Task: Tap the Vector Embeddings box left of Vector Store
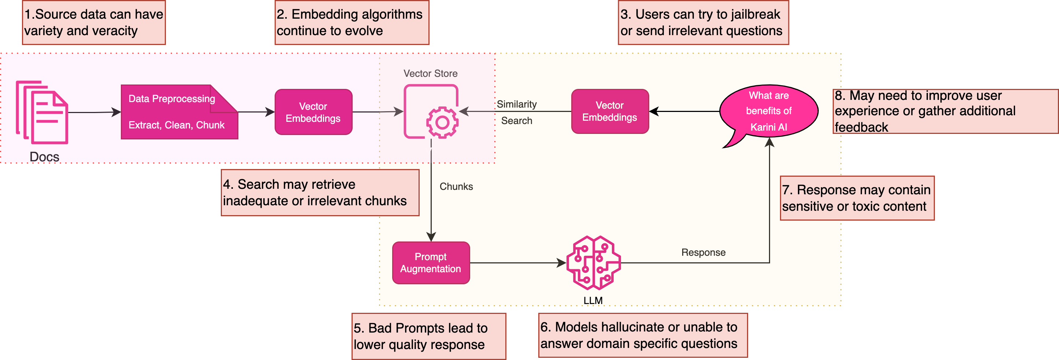(x=313, y=112)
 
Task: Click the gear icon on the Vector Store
(x=442, y=122)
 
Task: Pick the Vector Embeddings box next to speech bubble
(x=610, y=111)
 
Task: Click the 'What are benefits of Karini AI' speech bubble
(x=769, y=111)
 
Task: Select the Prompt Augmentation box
(x=431, y=263)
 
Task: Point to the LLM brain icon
(x=593, y=263)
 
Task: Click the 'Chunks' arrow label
(x=456, y=187)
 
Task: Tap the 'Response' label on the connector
(x=703, y=252)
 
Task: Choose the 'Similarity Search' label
(x=517, y=112)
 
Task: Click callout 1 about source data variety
(x=94, y=22)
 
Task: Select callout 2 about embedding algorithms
(x=352, y=22)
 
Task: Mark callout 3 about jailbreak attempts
(x=703, y=22)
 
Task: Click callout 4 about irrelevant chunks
(x=320, y=192)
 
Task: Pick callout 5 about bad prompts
(x=428, y=336)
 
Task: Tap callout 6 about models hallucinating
(x=643, y=335)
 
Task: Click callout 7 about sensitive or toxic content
(x=857, y=198)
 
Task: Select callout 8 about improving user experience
(x=945, y=111)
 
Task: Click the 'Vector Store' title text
(x=430, y=74)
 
